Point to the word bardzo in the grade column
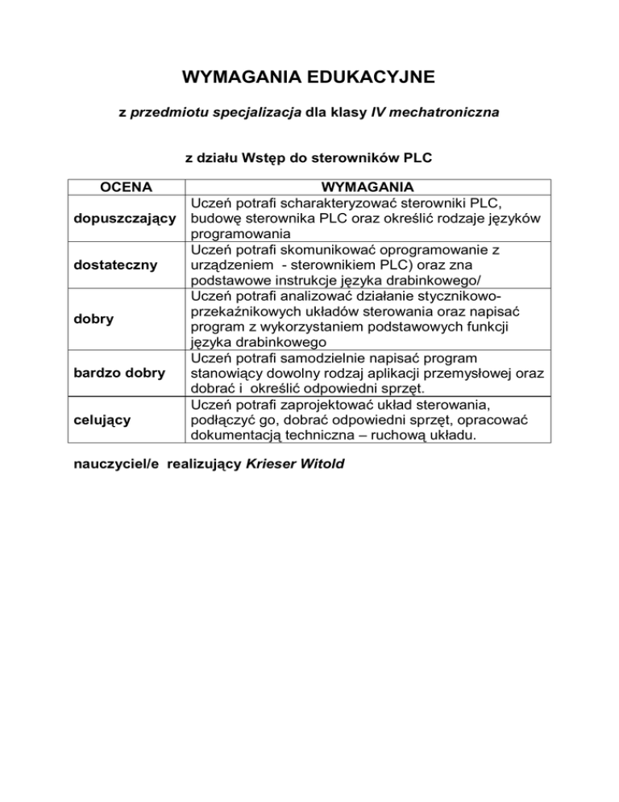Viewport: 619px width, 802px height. click(95, 373)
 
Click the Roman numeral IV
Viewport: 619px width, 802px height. click(379, 115)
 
